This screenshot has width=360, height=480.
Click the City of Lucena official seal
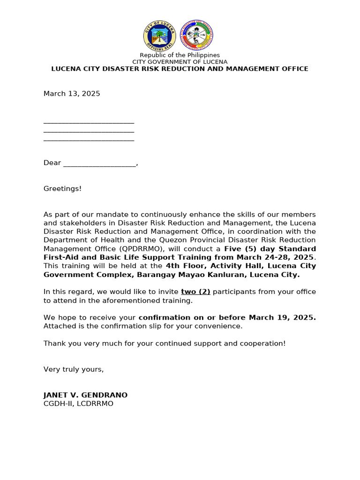(159, 36)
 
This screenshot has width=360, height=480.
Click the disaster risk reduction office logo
(197, 36)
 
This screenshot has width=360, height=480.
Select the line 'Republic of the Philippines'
(180, 55)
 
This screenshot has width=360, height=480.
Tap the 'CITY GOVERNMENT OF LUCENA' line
(180, 62)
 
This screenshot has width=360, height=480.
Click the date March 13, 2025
(72, 94)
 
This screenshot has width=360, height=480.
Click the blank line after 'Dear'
(99, 164)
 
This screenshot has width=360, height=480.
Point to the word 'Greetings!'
(62, 188)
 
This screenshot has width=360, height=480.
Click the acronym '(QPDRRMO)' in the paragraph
(125, 249)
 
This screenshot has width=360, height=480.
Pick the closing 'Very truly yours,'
(74, 369)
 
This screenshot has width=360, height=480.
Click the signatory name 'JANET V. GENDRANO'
(85, 395)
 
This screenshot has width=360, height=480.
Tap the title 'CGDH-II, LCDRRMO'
(78, 404)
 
